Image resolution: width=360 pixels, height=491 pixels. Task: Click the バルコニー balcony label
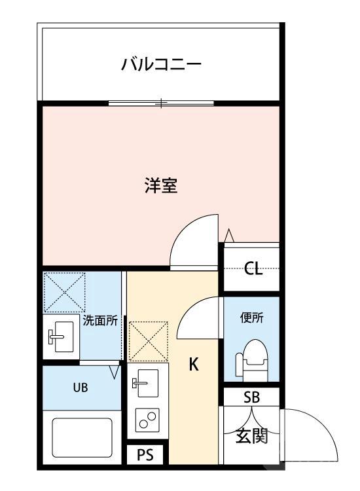pos(160,65)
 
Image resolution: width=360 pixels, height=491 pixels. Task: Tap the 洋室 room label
pos(161,186)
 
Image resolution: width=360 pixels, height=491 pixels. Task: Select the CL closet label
pos(253,268)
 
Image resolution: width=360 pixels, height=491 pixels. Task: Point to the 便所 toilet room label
pos(252,319)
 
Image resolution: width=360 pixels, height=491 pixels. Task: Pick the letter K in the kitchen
pos(194,365)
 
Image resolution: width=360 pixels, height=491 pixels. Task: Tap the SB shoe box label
pos(251,397)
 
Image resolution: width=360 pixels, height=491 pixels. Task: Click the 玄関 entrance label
pos(251,435)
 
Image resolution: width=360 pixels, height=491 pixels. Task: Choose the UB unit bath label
pos(79,386)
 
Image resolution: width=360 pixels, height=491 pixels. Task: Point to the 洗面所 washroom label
pos(100,321)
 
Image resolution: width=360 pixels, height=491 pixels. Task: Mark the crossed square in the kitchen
pos(148,340)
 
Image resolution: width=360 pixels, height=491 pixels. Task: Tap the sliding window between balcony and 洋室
pos(161,102)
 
